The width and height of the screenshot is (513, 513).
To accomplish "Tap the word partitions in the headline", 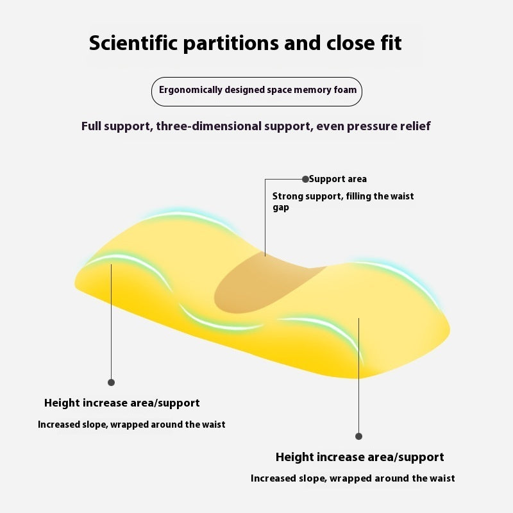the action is click(231, 44).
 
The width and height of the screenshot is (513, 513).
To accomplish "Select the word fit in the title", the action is click(391, 42).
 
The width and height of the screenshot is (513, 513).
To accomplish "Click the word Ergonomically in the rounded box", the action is click(190, 90).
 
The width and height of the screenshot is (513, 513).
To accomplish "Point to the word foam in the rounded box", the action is click(345, 90).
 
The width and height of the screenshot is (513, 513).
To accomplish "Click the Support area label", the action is click(338, 179).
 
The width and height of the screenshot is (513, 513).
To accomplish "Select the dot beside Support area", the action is click(305, 179).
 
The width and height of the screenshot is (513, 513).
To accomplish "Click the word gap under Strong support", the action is click(281, 208).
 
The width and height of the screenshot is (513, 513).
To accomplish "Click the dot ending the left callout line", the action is click(111, 382).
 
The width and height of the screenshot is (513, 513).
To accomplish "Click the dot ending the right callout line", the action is click(358, 436).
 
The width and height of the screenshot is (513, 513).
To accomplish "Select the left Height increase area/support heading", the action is click(122, 403).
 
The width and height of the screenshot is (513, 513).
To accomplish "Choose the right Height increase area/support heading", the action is click(360, 457).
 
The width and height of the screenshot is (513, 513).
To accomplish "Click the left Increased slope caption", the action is click(131, 425).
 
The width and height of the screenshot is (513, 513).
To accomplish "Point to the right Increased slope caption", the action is click(353, 478).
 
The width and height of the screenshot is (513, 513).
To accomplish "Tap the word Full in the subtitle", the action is click(91, 126).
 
